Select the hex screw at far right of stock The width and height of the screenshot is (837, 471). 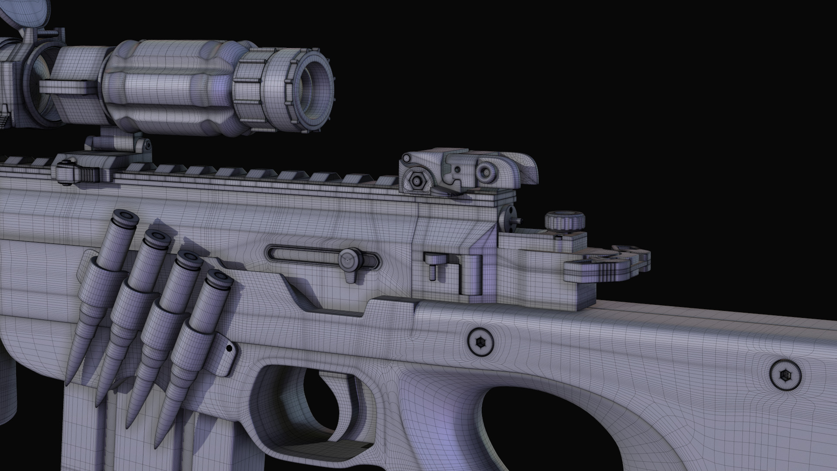[x=785, y=375]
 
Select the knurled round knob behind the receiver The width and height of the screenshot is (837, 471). [x=566, y=221]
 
